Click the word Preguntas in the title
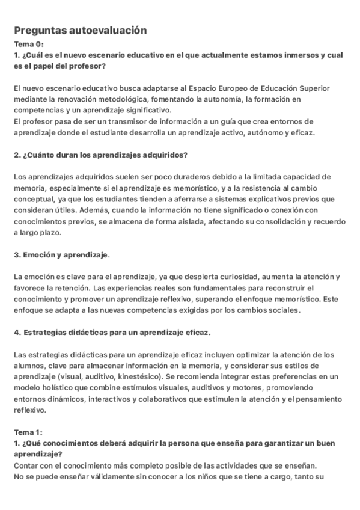coord(39,30)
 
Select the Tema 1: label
coord(28,431)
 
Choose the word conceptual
coord(32,199)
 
